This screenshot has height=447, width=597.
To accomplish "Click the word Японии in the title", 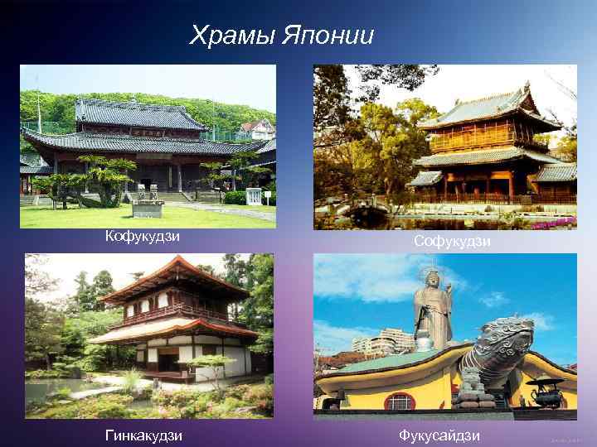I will click(x=328, y=36).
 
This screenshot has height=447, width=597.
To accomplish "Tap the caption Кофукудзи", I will click(x=143, y=238).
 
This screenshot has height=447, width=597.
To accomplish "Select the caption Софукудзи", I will click(x=453, y=241).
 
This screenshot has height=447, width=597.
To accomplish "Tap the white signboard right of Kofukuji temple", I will click(x=254, y=197).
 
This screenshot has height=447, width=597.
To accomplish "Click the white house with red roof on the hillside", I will click(x=256, y=130).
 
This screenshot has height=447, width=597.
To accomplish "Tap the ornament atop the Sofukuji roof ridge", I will click(x=525, y=86).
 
